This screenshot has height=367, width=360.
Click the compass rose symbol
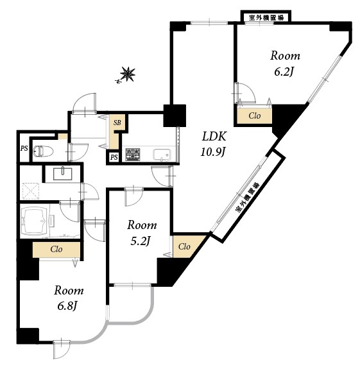coord(126,75)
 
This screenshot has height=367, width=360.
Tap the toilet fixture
coord(43,151)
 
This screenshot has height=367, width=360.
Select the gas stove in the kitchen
coord(133,154)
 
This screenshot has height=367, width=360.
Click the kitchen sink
coord(162,155)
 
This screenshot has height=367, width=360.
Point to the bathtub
coord(35,221)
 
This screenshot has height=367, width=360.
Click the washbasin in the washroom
coord(62,173)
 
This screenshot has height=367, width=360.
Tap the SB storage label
coord(117,122)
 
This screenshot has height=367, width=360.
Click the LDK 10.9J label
coord(214,144)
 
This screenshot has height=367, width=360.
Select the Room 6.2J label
coord(285,64)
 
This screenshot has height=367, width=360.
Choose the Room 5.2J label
coord(142,233)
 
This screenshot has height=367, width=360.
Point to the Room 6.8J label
coord(69,298)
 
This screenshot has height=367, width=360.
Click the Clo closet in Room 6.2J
coord(254,115)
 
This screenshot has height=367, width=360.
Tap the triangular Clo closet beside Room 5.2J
coord(185,246)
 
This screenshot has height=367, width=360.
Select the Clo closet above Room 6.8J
coord(56,250)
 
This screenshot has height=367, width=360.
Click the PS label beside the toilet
coord(24,148)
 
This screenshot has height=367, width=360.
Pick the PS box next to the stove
coord(114,157)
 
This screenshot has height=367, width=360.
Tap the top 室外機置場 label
coord(266,17)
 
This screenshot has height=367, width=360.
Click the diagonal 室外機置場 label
coord(248,197)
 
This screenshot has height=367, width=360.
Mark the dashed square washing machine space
coord(31,191)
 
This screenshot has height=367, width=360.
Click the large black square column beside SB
coord(175,115)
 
